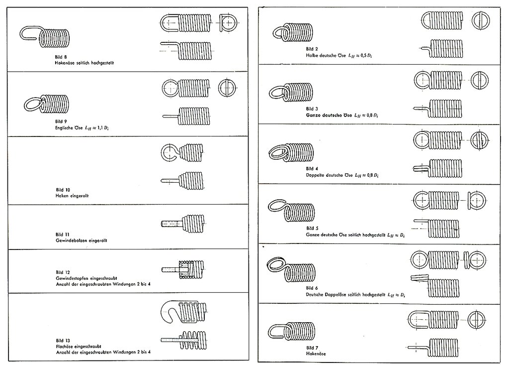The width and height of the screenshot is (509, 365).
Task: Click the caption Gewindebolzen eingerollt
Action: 82,240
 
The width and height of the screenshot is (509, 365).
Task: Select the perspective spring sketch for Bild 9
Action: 47,104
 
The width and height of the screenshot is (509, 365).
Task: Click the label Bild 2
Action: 312,49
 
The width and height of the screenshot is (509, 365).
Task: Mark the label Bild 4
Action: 312,169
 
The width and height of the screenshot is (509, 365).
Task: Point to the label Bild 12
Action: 63,272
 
